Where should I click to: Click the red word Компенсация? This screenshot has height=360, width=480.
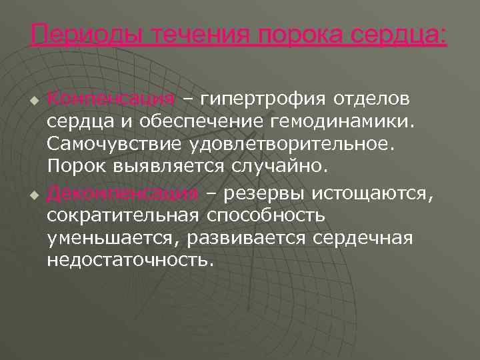pos(111,100)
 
